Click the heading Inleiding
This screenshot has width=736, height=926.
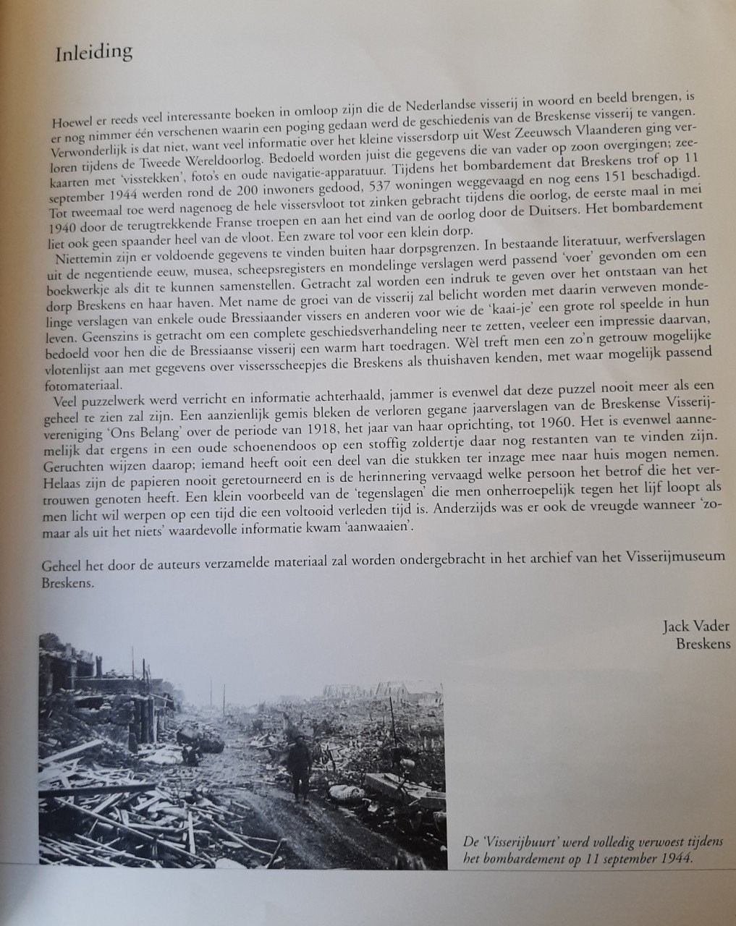[94, 52]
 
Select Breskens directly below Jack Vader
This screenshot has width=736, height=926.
[702, 644]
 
